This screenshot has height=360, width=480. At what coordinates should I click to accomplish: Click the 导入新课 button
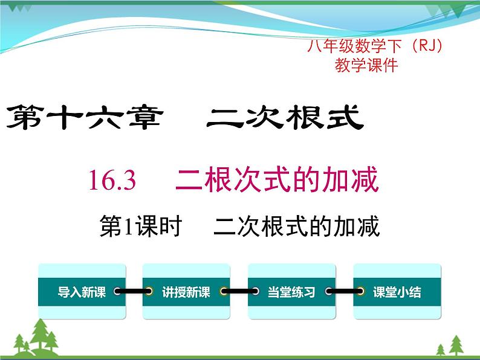(x=82, y=292)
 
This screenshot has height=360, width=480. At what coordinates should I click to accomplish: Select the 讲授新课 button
(x=186, y=292)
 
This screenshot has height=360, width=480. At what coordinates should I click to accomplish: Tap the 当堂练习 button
(x=291, y=292)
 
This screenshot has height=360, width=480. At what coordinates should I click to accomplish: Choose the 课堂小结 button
(x=397, y=292)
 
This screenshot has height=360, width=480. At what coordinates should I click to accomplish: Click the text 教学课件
(x=366, y=66)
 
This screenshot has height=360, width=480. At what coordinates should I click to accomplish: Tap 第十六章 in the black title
(x=83, y=118)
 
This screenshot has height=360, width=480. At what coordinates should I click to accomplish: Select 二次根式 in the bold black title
(x=284, y=118)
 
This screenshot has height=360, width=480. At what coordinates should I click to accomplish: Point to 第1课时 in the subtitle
(x=140, y=227)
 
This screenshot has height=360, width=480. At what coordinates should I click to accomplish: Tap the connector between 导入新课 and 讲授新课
(x=134, y=292)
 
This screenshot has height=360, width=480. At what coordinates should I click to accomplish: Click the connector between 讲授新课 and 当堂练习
(x=239, y=292)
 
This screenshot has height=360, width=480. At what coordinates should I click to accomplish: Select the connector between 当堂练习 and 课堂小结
(x=344, y=292)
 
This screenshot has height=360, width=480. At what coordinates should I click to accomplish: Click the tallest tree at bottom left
(x=40, y=335)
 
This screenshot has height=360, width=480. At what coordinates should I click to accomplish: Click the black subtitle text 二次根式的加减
(x=296, y=227)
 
